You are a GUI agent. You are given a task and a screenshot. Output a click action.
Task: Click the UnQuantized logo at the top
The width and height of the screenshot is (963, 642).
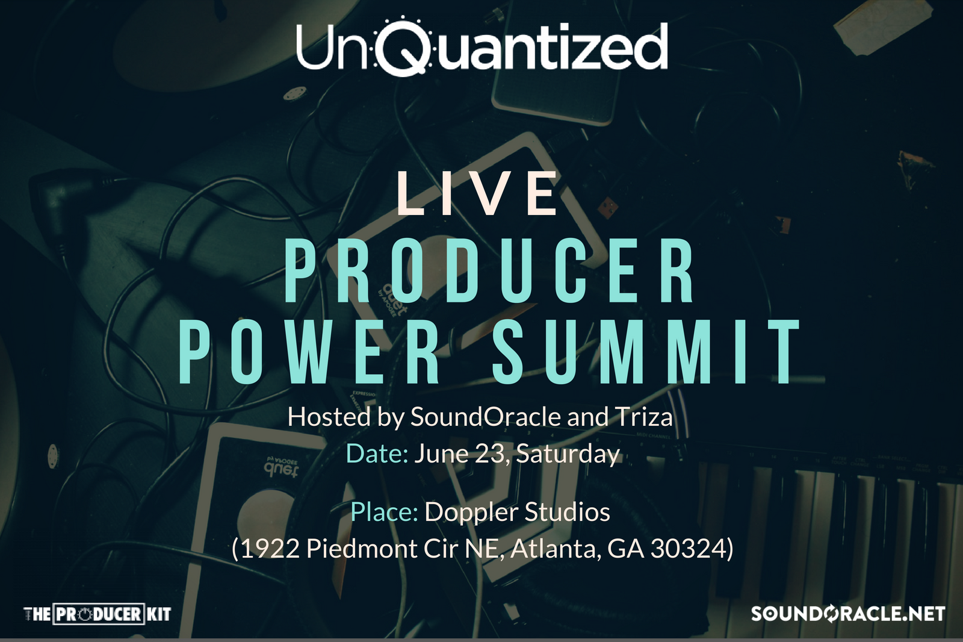click(x=482, y=46)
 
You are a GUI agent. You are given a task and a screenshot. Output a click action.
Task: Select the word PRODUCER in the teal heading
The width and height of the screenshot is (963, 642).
click(x=489, y=269)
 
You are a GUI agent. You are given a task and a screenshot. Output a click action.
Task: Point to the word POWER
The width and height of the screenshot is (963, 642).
click(x=309, y=352)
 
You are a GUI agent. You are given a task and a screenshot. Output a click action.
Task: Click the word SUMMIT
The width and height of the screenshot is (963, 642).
click(x=646, y=352)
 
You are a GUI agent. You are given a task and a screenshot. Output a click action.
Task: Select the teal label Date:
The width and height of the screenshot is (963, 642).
click(x=377, y=453)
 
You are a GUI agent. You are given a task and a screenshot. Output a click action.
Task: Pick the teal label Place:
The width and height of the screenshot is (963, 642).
click(x=385, y=512)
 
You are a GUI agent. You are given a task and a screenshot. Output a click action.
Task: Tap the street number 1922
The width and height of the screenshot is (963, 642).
click(x=270, y=549)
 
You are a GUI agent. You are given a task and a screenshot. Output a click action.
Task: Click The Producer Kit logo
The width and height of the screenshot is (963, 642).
click(x=97, y=614)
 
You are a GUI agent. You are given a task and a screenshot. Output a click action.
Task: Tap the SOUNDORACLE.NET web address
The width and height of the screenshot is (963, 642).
click(x=848, y=614)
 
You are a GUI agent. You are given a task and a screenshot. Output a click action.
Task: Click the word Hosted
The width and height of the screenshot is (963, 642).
click(x=329, y=417)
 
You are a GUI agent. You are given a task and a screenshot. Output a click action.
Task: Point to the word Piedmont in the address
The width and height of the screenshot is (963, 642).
click(x=362, y=549)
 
